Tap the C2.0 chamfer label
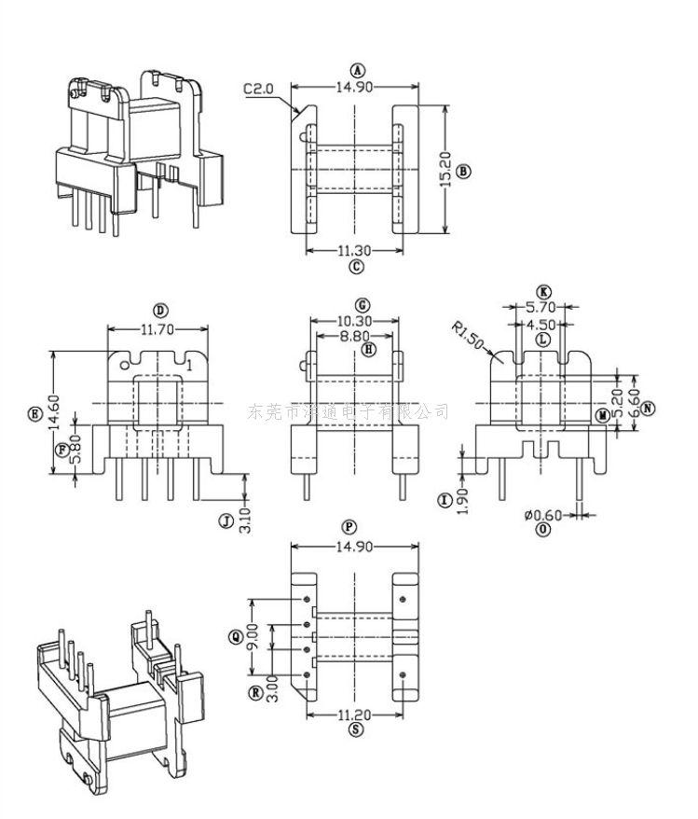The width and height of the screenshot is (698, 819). tap(257, 89)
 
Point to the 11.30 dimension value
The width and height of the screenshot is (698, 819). tap(355, 250)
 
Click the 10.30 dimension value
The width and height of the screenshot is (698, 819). tap(355, 321)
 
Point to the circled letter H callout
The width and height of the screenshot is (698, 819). tap(370, 350)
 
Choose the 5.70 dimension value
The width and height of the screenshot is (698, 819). tap(542, 306)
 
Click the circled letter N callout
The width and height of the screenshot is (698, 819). tap(647, 408)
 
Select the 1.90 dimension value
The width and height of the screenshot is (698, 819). tap(464, 500)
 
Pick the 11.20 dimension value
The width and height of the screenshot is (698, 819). tap(355, 715)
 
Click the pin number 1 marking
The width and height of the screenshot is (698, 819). tap(189, 367)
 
